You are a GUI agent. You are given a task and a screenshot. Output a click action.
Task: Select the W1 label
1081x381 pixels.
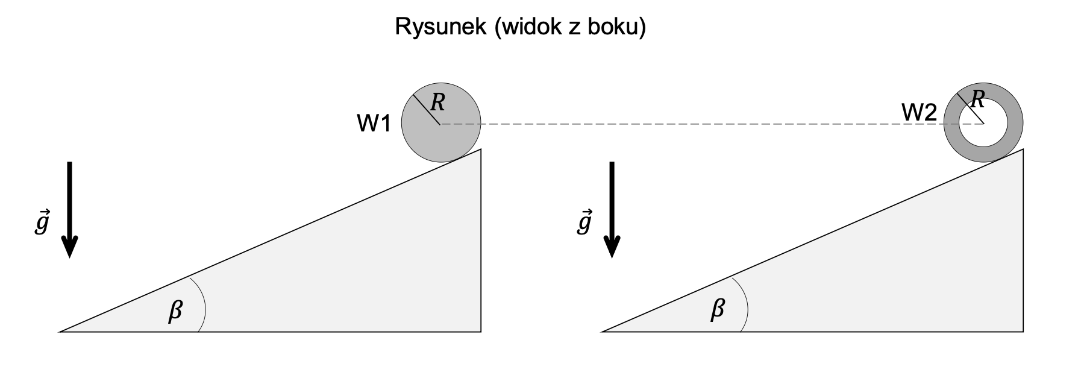pyautogui.click(x=374, y=124)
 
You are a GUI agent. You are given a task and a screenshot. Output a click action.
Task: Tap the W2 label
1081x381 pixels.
pyautogui.click(x=918, y=112)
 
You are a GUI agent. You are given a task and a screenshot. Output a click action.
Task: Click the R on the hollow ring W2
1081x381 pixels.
pyautogui.click(x=978, y=98)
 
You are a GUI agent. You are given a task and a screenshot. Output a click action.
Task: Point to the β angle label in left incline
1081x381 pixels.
pyautogui.click(x=175, y=311)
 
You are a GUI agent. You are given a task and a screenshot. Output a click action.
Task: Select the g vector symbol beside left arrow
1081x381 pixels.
pyautogui.click(x=41, y=223)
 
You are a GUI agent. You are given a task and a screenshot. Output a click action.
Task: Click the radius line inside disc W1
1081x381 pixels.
pyautogui.click(x=427, y=110)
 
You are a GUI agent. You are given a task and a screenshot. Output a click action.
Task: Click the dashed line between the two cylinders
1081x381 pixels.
pyautogui.click(x=693, y=124)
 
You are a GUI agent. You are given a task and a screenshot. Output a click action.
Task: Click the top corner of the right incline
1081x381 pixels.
pyautogui.click(x=1023, y=150)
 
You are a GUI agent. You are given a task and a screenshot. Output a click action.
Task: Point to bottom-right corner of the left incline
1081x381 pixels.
pyautogui.click(x=480, y=331)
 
